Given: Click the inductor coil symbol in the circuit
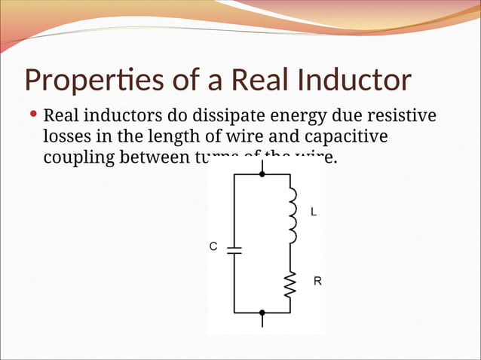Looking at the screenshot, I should tap(291, 215).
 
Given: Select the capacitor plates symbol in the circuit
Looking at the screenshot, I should tap(234, 249).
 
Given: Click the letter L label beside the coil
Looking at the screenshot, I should tap(314, 212).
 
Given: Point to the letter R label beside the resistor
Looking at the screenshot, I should tap(317, 282).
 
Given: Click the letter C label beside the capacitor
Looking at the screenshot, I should tap(213, 246).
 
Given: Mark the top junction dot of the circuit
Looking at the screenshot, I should tap(262, 174).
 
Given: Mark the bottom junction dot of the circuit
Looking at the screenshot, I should tap(262, 312).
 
